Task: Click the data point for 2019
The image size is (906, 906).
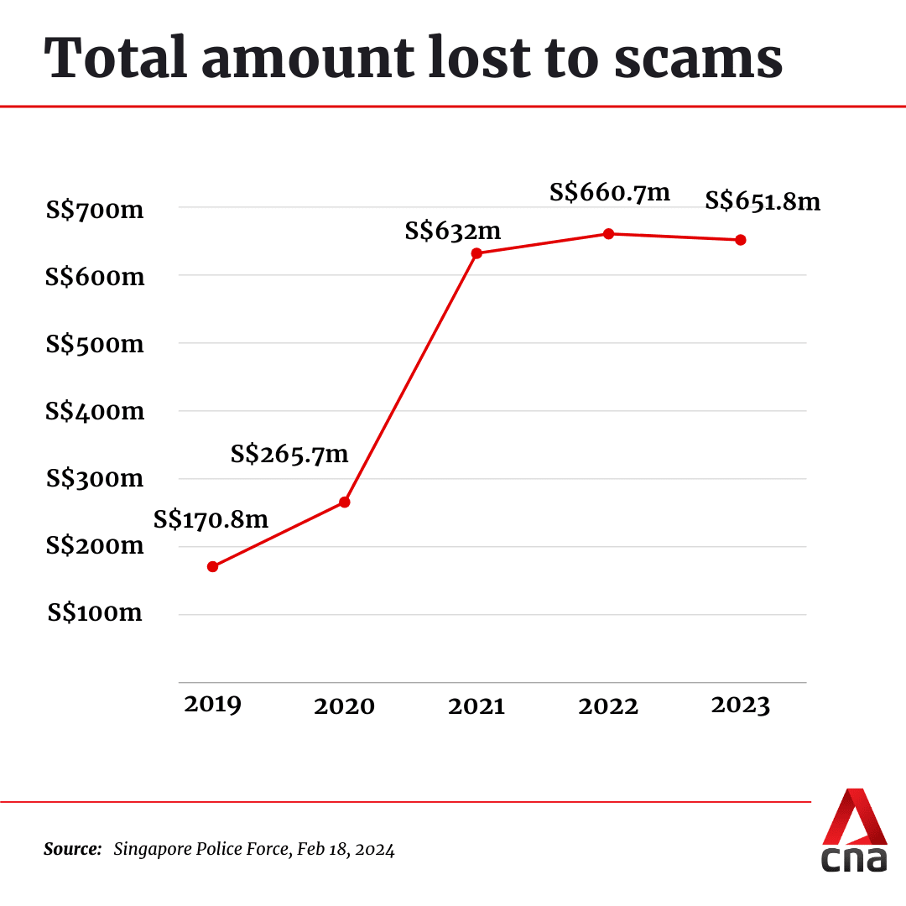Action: click(212, 566)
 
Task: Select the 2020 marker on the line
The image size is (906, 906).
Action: click(344, 502)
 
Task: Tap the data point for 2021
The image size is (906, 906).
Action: click(476, 253)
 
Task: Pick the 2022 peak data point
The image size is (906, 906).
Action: click(608, 233)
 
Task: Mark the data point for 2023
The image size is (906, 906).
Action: click(741, 240)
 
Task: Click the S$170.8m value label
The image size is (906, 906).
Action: click(211, 520)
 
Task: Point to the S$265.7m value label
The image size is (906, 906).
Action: click(289, 455)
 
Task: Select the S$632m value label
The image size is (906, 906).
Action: click(452, 231)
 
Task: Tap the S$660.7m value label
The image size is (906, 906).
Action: click(610, 192)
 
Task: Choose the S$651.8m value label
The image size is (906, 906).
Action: click(763, 201)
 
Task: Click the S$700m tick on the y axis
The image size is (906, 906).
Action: click(95, 209)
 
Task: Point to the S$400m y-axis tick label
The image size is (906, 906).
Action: click(95, 412)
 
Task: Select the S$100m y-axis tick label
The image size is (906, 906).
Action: click(95, 613)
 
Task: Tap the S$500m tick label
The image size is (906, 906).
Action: click(95, 344)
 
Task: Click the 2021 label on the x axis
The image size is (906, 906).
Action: click(476, 706)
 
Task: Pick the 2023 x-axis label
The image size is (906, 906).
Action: click(740, 706)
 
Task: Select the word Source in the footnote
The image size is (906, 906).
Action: click(72, 849)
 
